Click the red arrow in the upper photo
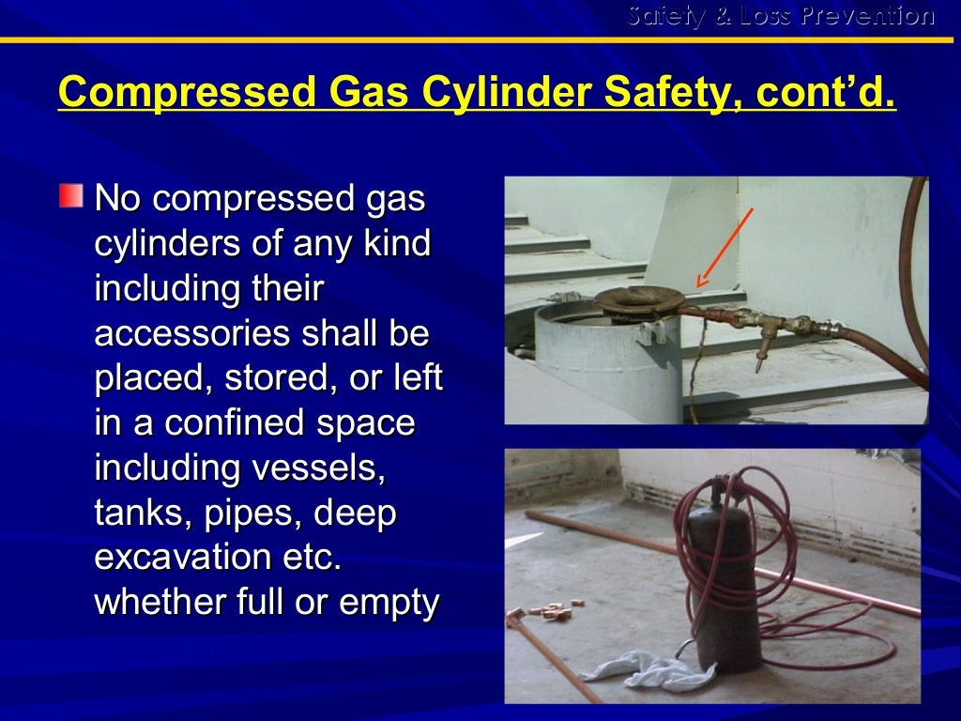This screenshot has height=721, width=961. tap(724, 249)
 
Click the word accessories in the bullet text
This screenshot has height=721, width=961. tap(178, 334)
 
